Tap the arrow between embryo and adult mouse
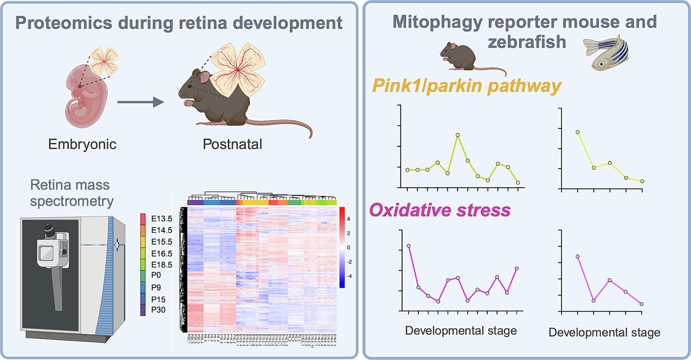(x=140, y=102)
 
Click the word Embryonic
(x=82, y=144)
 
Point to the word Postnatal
(x=232, y=144)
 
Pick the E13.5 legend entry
(x=161, y=219)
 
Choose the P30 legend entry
(x=158, y=310)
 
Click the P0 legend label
(x=156, y=275)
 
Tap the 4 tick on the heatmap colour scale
(x=348, y=219)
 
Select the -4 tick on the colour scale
(x=349, y=276)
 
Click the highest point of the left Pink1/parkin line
(x=458, y=135)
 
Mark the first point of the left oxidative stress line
(x=409, y=246)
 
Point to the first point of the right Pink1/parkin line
(x=578, y=132)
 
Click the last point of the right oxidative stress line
(x=642, y=304)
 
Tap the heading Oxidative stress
(x=440, y=210)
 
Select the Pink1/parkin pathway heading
(x=467, y=86)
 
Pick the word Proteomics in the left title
(x=63, y=23)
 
